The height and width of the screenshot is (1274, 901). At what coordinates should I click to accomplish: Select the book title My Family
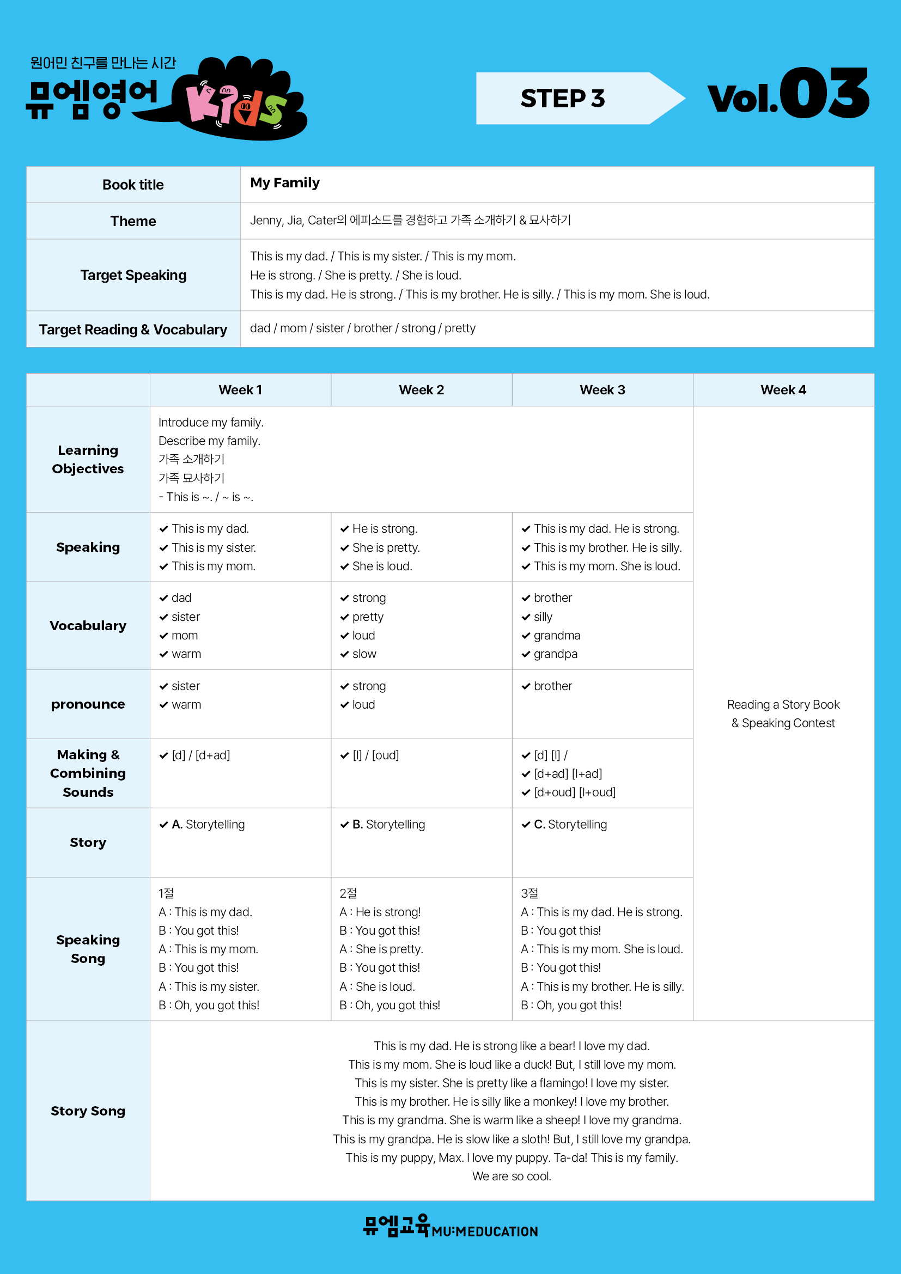click(x=284, y=183)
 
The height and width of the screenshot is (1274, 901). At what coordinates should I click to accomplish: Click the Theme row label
click(x=133, y=221)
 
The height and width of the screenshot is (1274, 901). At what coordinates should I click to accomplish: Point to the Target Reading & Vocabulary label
click(x=133, y=330)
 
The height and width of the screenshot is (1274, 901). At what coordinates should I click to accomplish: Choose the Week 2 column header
click(x=421, y=390)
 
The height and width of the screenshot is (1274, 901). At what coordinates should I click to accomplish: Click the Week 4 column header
click(x=783, y=390)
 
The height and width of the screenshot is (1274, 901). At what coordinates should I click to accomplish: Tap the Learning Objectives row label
click(x=88, y=460)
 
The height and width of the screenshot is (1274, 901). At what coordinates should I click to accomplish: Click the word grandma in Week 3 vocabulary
click(x=557, y=635)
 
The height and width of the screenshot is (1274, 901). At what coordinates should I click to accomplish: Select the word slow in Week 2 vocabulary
click(x=364, y=654)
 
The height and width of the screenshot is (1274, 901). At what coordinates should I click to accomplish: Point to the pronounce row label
click(x=88, y=704)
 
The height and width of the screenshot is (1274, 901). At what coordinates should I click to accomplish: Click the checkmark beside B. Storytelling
click(x=344, y=825)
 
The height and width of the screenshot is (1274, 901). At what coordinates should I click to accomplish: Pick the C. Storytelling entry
click(x=570, y=825)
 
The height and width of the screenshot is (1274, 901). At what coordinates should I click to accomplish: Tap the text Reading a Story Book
click(x=783, y=705)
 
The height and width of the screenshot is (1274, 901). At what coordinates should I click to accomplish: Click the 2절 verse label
click(x=348, y=893)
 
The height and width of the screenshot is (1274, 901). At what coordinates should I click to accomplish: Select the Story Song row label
click(x=88, y=1111)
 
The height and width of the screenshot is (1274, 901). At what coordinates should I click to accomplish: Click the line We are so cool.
click(x=511, y=1177)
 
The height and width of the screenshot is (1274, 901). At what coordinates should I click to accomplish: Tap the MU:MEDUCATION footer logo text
click(x=484, y=1232)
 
